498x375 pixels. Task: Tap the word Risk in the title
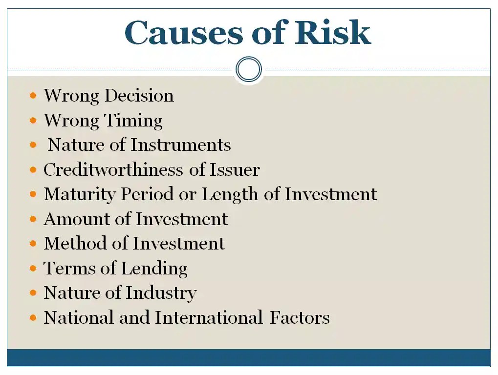click(x=333, y=33)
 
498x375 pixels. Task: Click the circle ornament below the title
click(x=249, y=69)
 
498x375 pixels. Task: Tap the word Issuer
click(x=235, y=170)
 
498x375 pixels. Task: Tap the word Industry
click(x=161, y=293)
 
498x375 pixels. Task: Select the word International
click(x=209, y=318)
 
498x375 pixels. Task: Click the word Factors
click(x=300, y=318)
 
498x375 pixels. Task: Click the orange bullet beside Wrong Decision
click(x=33, y=96)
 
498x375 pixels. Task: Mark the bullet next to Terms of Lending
click(x=33, y=269)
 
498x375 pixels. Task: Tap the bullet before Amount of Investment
click(x=33, y=219)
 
